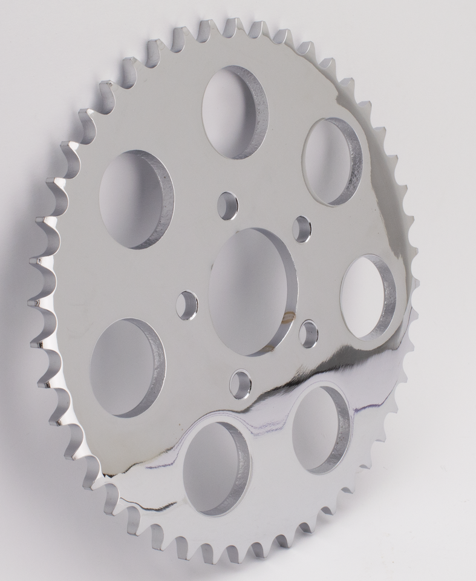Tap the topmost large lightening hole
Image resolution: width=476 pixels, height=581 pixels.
(x=233, y=113)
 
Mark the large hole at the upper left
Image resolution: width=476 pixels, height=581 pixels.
(x=134, y=199)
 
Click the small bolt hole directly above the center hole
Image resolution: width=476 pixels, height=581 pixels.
(x=227, y=205)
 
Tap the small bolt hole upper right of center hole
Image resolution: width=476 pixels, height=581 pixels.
(x=301, y=229)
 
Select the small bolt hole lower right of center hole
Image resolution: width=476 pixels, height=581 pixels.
(x=308, y=333)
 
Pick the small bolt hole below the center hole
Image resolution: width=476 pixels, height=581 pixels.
(x=240, y=384)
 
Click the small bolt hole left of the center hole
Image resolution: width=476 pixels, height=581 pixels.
(x=186, y=305)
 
